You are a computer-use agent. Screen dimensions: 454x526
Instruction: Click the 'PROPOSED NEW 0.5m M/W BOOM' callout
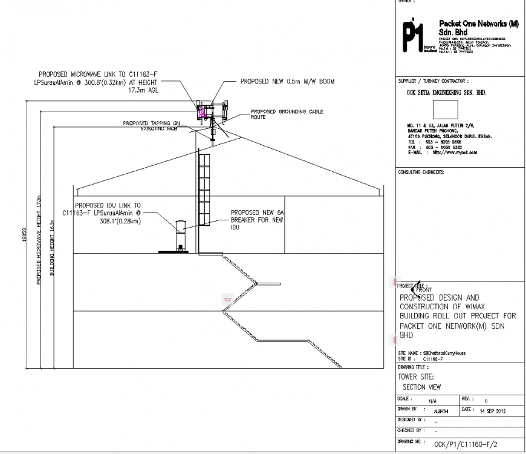point(287,81)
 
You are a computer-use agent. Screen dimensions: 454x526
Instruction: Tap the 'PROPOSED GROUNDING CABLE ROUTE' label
point(287,114)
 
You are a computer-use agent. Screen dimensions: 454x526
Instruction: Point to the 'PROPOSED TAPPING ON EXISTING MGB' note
point(151,125)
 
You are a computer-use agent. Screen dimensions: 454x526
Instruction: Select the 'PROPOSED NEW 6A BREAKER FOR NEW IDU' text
point(256,220)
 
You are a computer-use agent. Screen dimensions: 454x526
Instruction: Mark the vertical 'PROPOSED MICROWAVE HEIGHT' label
point(39,240)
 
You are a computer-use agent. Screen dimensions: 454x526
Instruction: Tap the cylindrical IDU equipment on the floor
point(180,235)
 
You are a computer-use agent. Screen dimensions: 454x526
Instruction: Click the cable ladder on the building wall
point(204,191)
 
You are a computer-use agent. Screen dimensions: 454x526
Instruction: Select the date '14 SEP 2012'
point(492,410)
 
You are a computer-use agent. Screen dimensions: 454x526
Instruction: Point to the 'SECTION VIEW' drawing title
point(421,387)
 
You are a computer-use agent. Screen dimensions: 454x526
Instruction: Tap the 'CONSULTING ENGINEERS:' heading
point(421,172)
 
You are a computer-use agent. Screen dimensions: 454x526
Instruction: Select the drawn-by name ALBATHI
point(442,411)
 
